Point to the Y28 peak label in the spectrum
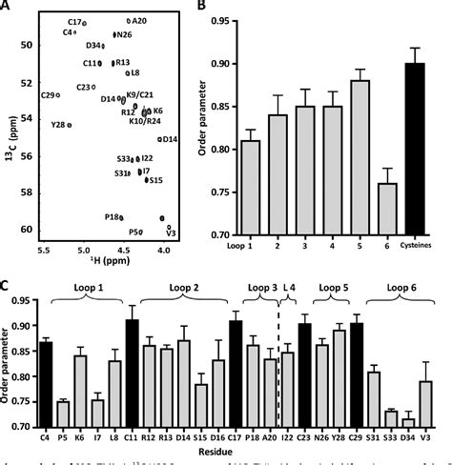[x=58, y=125]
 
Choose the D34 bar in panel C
[x=409, y=422]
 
